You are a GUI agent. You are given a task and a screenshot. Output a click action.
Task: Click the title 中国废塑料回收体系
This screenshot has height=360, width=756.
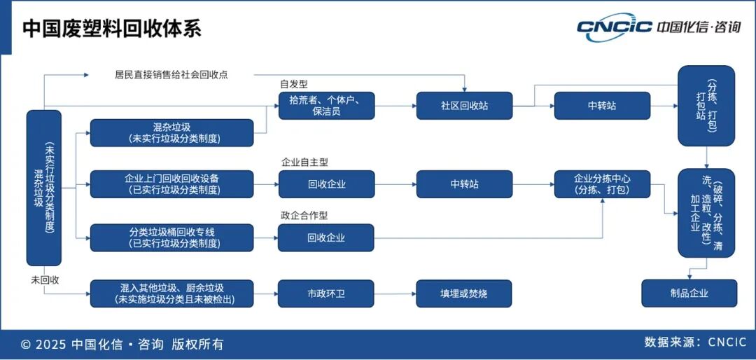[x=112, y=28]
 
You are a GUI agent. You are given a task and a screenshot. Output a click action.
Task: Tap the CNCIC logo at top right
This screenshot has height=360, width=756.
[x=658, y=27]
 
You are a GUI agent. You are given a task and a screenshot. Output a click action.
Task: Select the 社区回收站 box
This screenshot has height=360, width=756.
[x=463, y=106]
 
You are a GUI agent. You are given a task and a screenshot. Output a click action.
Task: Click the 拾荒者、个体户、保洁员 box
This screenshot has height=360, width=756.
[x=326, y=106]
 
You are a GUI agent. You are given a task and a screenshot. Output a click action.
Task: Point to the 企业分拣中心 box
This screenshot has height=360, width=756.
[x=602, y=184]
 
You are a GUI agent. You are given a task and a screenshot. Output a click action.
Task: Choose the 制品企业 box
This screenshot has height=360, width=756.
[x=689, y=293]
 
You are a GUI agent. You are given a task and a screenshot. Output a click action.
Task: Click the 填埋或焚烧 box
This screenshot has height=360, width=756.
[x=463, y=293]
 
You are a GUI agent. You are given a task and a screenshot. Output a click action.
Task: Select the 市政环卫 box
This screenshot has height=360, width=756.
[x=326, y=293]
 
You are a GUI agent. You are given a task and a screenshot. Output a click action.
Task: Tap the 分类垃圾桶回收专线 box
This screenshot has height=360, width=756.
[x=171, y=237]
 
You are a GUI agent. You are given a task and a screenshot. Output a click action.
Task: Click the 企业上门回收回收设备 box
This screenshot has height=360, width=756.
[x=171, y=184]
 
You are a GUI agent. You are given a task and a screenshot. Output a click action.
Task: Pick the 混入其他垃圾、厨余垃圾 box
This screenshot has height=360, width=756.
[x=171, y=293]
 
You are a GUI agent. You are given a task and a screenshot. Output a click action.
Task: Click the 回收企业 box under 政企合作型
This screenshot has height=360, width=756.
[x=326, y=237]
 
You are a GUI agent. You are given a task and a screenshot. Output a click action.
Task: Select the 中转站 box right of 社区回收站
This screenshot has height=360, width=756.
[x=602, y=106]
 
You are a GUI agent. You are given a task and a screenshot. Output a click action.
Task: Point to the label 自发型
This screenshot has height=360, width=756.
[x=294, y=84]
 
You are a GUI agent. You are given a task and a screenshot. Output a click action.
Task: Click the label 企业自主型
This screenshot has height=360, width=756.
[x=304, y=162]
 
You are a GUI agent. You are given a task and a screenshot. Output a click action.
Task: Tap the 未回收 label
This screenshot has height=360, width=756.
[x=45, y=279]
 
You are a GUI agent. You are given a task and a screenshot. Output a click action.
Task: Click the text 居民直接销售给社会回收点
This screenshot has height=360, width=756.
[x=171, y=74]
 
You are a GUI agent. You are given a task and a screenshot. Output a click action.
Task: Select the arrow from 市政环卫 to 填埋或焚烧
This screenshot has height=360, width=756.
[x=395, y=293]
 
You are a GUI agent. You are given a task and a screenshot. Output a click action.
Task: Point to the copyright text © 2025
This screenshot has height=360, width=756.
[x=122, y=344]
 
